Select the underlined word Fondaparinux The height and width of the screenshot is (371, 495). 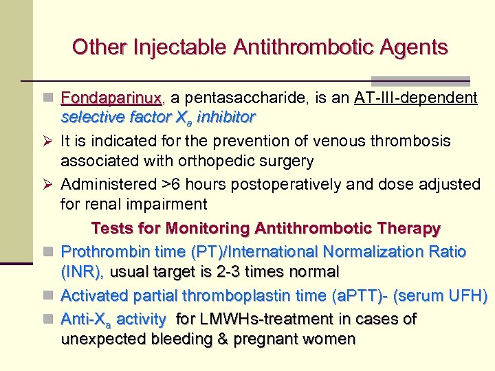click(111, 98)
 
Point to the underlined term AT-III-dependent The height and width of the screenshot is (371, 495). click(416, 98)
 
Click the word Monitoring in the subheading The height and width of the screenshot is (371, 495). click(226, 228)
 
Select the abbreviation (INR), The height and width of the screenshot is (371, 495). click(82, 272)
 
